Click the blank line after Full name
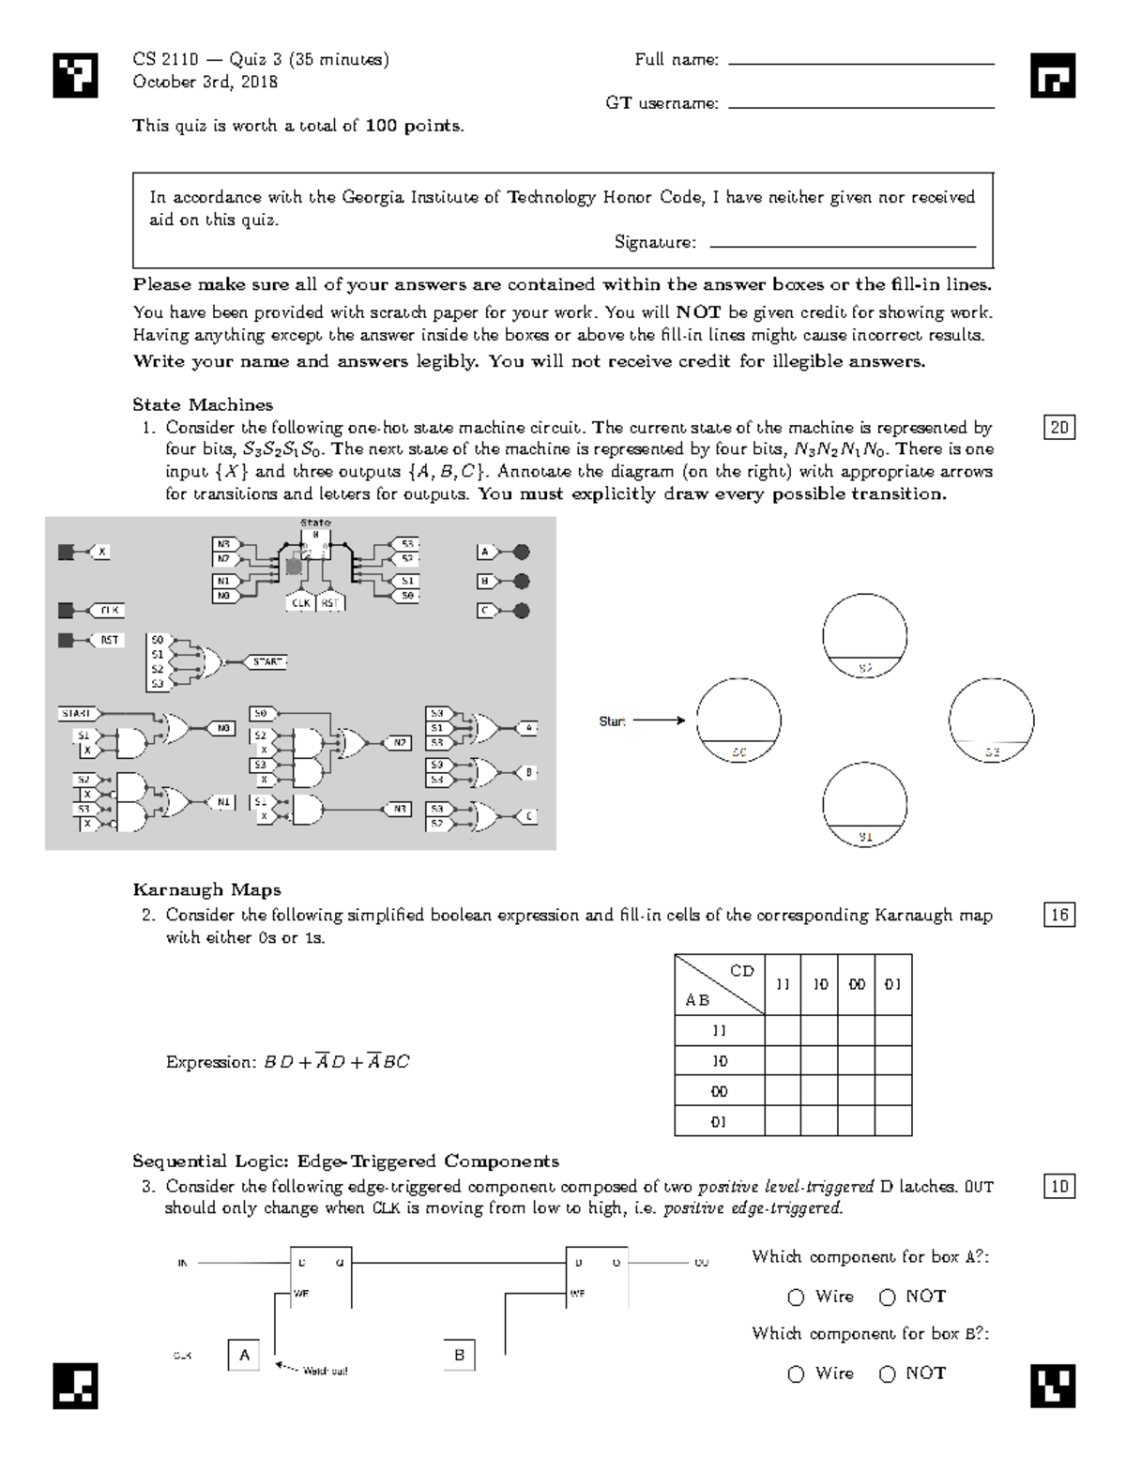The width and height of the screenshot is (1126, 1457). click(x=860, y=62)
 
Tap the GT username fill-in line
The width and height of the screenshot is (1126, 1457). click(x=860, y=106)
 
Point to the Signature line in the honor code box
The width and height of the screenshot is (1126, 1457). click(x=843, y=244)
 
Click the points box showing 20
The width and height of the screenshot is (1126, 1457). click(x=1059, y=428)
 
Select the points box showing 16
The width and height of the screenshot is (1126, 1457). click(x=1059, y=915)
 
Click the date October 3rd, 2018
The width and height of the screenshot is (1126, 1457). click(x=205, y=82)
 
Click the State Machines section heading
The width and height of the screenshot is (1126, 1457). click(x=203, y=404)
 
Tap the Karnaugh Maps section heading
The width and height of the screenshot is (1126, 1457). click(x=206, y=889)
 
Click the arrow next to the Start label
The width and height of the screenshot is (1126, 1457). click(x=660, y=721)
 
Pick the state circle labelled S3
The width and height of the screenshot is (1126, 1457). click(x=991, y=721)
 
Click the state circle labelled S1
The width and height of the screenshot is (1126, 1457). click(x=864, y=804)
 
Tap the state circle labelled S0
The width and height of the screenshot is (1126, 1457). click(x=738, y=721)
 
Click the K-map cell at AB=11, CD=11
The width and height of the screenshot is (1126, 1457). click(x=783, y=1030)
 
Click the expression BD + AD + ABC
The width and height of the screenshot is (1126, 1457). click(x=287, y=1062)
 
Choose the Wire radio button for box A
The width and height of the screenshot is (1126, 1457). click(x=796, y=1298)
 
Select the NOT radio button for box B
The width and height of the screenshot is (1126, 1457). click(x=888, y=1374)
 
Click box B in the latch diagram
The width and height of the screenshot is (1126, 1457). click(x=459, y=1355)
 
